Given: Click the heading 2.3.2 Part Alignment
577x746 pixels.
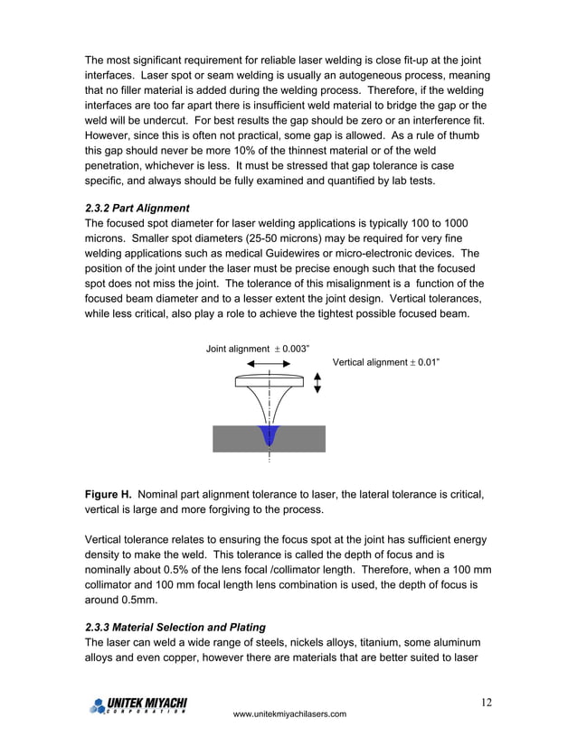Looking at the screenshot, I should (x=136, y=209).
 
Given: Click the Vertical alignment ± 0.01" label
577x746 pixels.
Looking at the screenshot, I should (x=386, y=362).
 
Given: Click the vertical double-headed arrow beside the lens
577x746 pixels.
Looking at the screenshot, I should (x=317, y=383).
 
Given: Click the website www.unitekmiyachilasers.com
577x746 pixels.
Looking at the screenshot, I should (x=289, y=714).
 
